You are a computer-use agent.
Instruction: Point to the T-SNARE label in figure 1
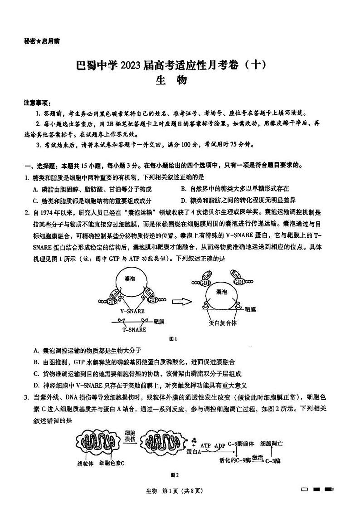click(x=135, y=330)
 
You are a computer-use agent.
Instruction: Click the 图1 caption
click(x=172, y=339)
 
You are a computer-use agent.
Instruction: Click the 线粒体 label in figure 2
click(x=86, y=463)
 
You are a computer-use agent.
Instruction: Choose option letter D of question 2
click(x=36, y=386)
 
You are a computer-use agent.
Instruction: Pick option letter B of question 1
click(x=183, y=189)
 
